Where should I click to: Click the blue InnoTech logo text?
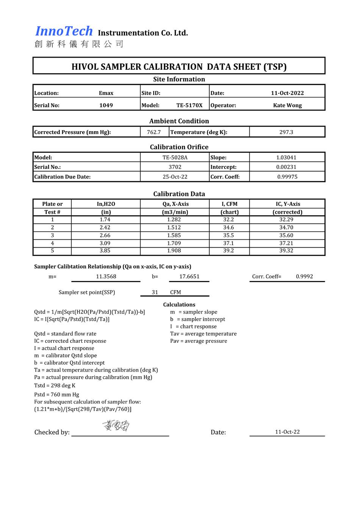[64, 31]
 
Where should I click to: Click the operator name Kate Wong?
[287, 105]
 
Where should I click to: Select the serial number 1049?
[106, 105]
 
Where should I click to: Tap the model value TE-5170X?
[189, 105]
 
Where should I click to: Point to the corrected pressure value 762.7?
[154, 132]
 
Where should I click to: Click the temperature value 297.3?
[286, 132]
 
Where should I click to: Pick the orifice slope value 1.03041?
[286, 157]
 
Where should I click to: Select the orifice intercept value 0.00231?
[286, 167]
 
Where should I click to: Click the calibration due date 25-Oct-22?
[175, 177]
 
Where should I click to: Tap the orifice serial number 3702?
[175, 167]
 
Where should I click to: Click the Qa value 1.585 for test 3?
[174, 235]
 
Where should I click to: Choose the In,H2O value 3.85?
[105, 251]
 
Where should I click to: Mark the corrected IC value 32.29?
[286, 220]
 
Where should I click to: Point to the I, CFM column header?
[229, 204]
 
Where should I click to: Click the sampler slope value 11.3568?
[106, 276]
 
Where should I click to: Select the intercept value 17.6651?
[189, 276]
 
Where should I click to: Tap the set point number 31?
[155, 292]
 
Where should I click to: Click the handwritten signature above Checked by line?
[116, 426]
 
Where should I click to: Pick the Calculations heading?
[179, 305]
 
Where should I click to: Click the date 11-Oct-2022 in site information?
[287, 93]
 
